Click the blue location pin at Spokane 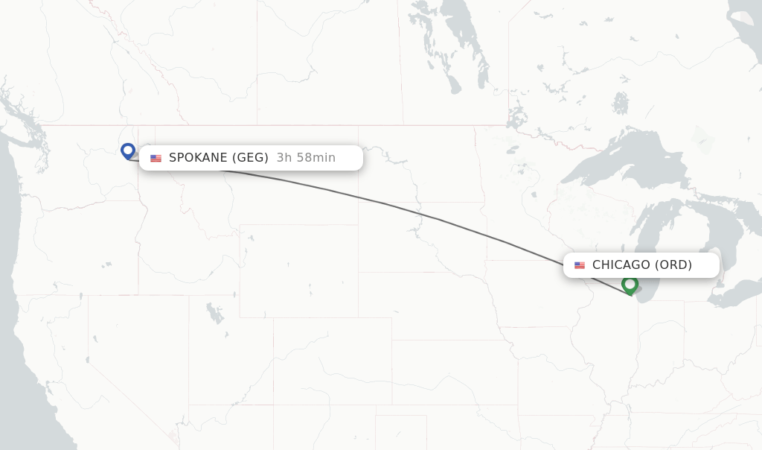point(128,151)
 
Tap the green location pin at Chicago point(630,285)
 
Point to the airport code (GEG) point(250,158)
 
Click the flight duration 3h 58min point(306,158)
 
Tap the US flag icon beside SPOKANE point(156,158)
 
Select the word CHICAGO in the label point(621,265)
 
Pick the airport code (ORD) point(673,265)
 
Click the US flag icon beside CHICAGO point(580,265)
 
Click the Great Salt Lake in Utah point(215,313)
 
